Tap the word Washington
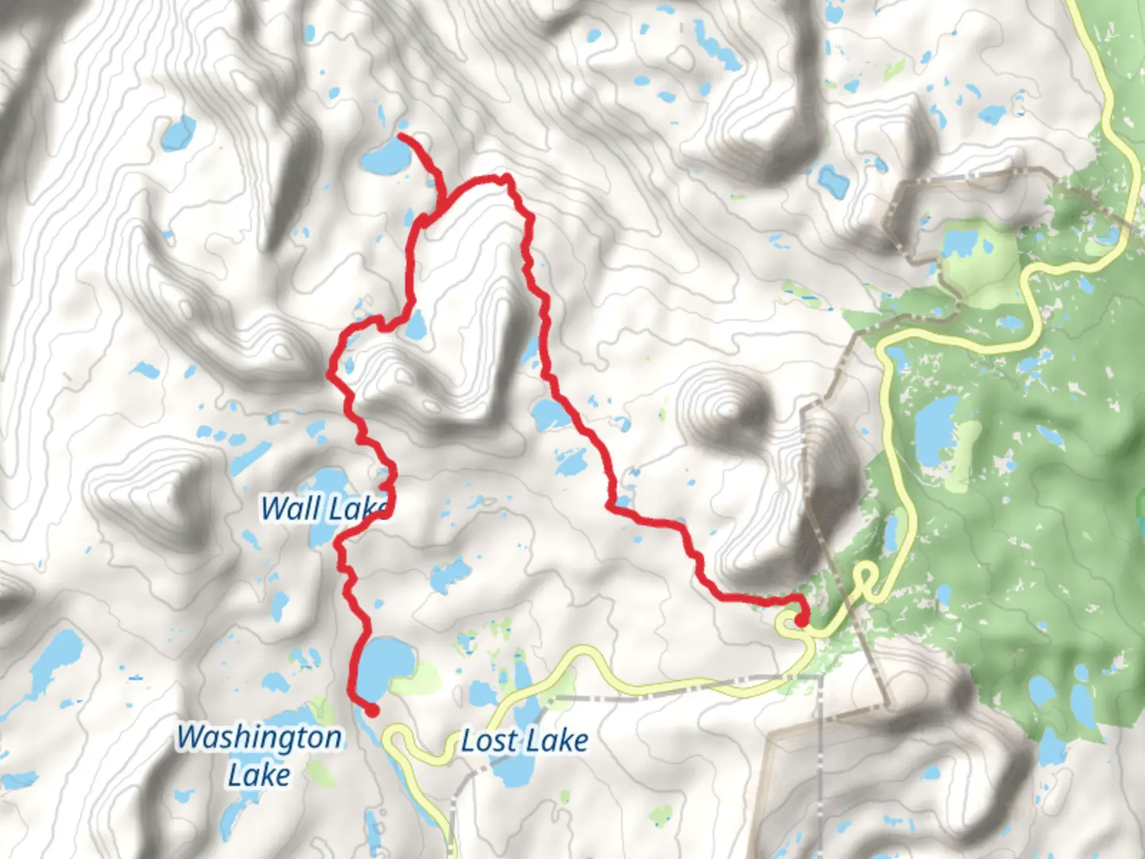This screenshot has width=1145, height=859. [259, 737]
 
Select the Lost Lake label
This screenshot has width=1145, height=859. [525, 741]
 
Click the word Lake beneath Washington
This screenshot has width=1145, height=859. [258, 775]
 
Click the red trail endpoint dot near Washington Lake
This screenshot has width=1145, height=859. [371, 710]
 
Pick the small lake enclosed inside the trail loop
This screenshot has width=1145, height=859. [415, 325]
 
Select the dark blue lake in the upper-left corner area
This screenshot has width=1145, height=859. [178, 134]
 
